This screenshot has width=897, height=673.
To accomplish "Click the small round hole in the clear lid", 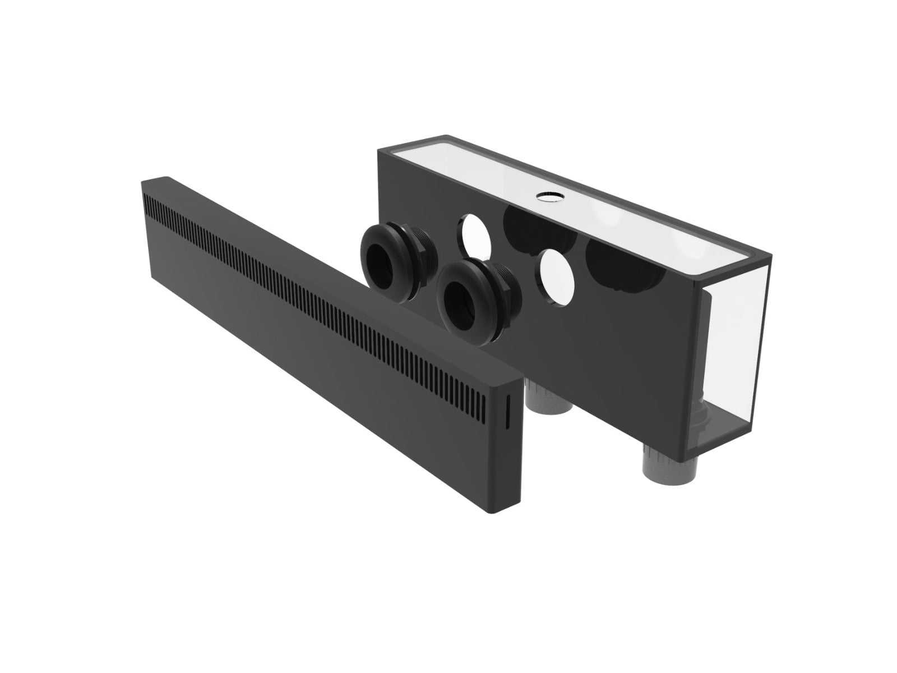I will [x=544, y=195].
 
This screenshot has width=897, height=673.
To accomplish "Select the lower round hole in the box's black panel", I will [x=555, y=277].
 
